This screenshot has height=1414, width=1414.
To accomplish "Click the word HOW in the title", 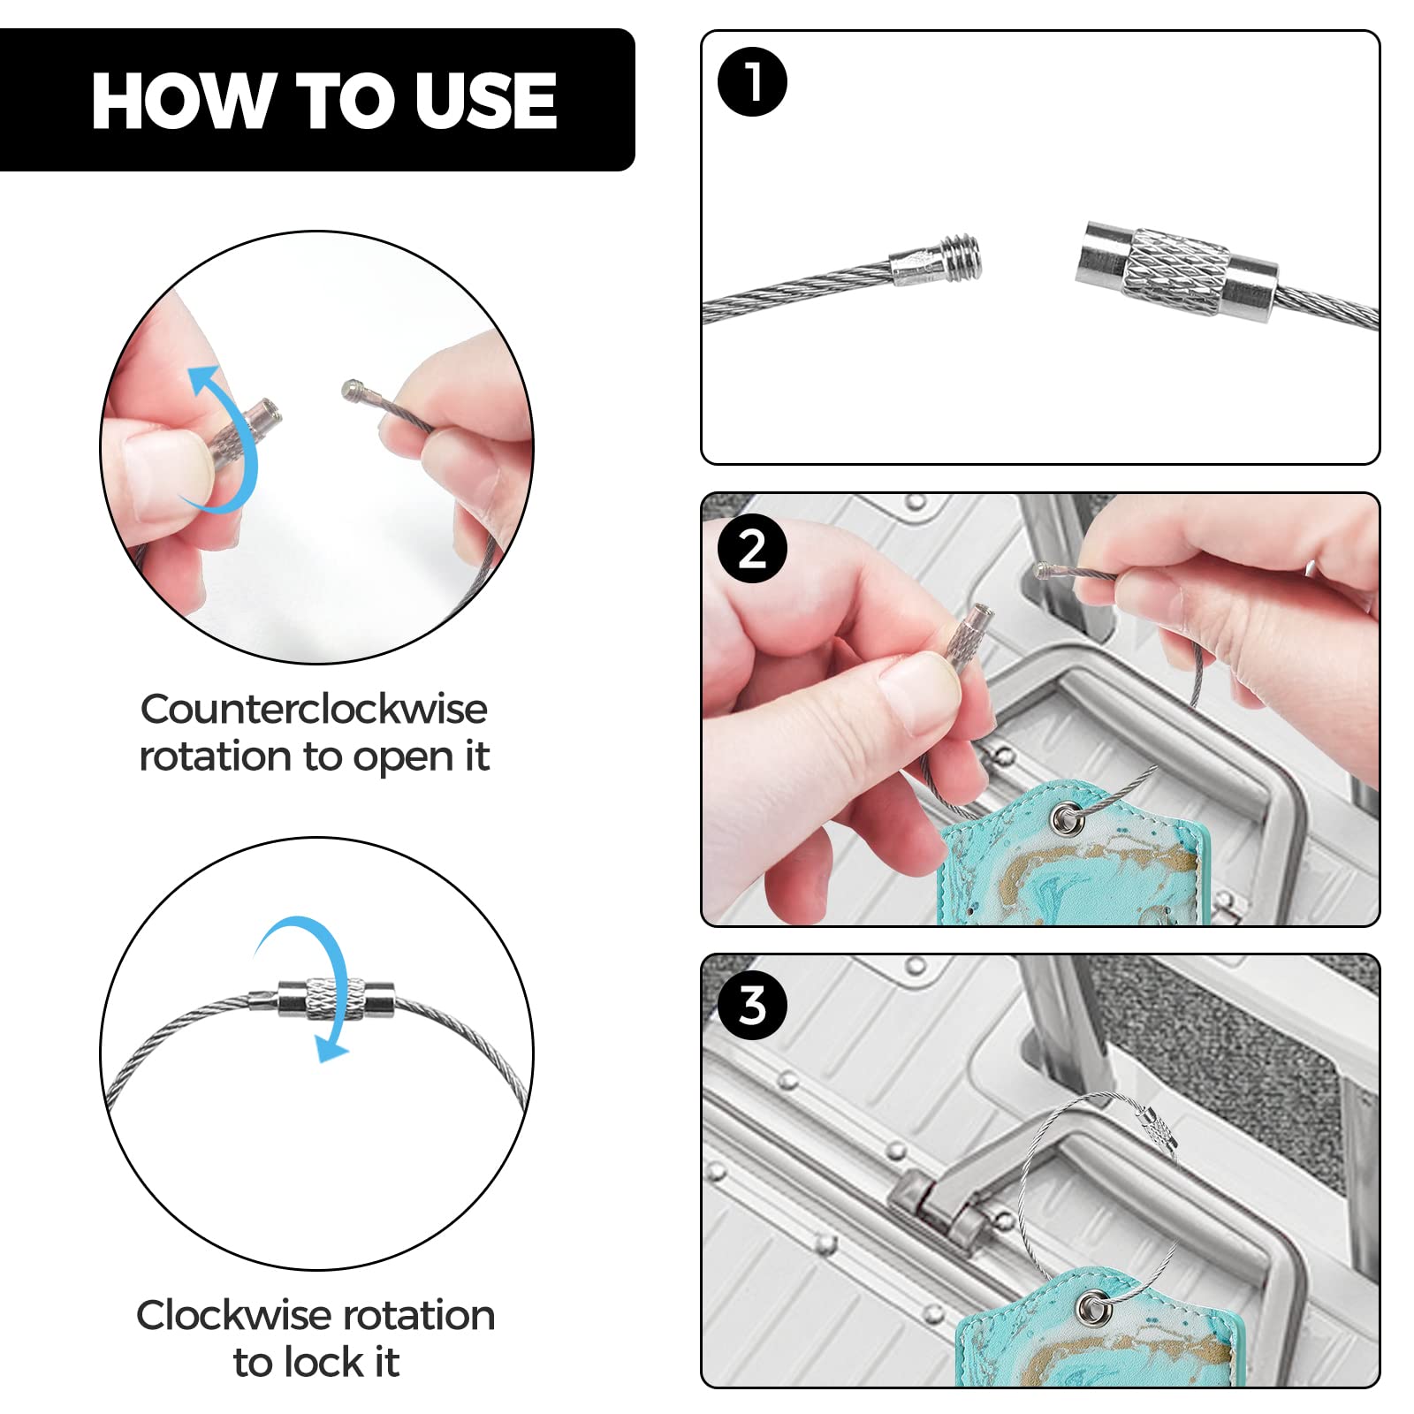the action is coord(180,101).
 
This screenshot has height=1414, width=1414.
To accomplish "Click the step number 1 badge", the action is coord(752,81).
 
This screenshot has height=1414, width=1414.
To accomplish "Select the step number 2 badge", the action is coord(752,549).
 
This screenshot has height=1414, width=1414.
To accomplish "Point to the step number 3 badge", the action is coord(752,1005).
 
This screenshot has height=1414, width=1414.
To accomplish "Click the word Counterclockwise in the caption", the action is coord(314,709).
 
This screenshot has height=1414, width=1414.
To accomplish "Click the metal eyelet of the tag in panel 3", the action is coord(1096,1305).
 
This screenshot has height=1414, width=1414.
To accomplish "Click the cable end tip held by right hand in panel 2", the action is coord(1043,571).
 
